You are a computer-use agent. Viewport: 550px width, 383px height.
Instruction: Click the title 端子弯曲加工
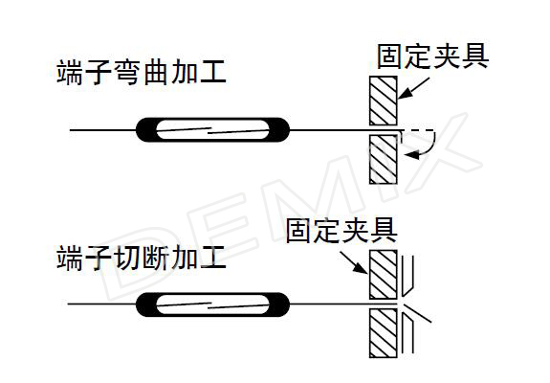click(141, 73)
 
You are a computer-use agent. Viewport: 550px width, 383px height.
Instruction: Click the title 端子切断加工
click(141, 258)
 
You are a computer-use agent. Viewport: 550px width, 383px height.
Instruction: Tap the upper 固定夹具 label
click(432, 56)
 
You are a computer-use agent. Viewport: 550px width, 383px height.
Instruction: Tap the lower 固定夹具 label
click(341, 230)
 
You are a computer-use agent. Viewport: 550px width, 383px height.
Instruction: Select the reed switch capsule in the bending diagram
click(213, 130)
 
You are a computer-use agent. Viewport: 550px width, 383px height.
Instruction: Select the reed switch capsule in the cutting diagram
click(213, 304)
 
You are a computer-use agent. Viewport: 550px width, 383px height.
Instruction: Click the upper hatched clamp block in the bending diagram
click(384, 101)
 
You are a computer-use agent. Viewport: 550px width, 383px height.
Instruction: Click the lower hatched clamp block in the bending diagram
click(384, 159)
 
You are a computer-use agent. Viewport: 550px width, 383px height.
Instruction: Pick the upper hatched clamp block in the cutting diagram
click(384, 275)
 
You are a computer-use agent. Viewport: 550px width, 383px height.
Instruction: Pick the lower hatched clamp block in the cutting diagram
click(384, 333)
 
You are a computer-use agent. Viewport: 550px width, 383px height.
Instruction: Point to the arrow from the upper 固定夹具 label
click(413, 88)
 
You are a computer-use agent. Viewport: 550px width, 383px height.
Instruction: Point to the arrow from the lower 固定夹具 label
click(354, 262)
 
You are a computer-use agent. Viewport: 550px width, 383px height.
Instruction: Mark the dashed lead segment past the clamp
click(418, 130)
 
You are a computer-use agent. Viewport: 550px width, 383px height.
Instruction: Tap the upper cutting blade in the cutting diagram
click(407, 276)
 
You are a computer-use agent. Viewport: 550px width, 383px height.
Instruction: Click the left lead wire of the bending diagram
click(102, 130)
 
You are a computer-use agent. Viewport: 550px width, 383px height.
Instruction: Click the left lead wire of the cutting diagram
click(101, 304)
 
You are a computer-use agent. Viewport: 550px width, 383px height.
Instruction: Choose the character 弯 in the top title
click(127, 73)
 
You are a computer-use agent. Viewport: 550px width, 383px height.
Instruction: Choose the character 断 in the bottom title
click(155, 258)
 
